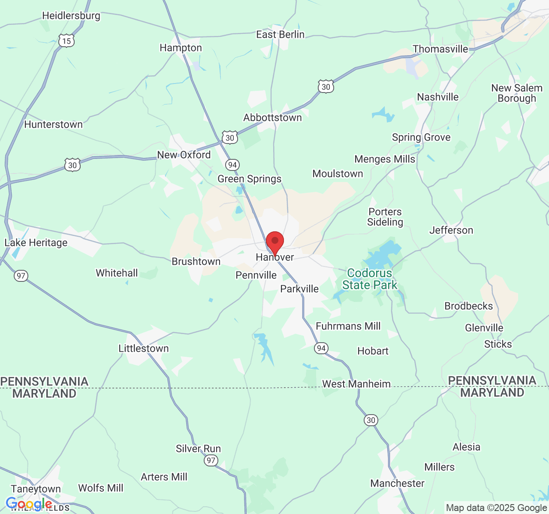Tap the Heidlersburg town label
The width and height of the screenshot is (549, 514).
(71, 16)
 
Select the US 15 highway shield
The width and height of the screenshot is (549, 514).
(66, 41)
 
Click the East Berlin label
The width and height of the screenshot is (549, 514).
(280, 34)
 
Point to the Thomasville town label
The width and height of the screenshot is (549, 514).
(440, 49)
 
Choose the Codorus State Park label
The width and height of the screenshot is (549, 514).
(369, 279)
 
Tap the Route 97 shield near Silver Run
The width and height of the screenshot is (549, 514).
(211, 460)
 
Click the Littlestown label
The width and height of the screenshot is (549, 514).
(144, 348)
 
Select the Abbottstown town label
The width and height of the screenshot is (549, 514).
(272, 117)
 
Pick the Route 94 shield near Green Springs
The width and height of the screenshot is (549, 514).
(232, 165)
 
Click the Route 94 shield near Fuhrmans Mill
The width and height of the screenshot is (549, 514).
(321, 348)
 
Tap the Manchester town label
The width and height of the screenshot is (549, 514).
(397, 483)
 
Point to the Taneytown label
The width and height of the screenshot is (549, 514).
(36, 489)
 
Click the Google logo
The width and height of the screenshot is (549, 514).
(29, 504)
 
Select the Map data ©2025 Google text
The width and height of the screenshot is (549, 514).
(496, 508)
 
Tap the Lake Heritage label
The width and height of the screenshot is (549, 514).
(36, 242)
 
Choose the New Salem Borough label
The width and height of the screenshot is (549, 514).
(517, 93)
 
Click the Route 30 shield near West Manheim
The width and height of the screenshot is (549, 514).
(371, 420)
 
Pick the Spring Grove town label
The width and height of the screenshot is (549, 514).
(421, 137)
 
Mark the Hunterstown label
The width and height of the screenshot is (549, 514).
(53, 124)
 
